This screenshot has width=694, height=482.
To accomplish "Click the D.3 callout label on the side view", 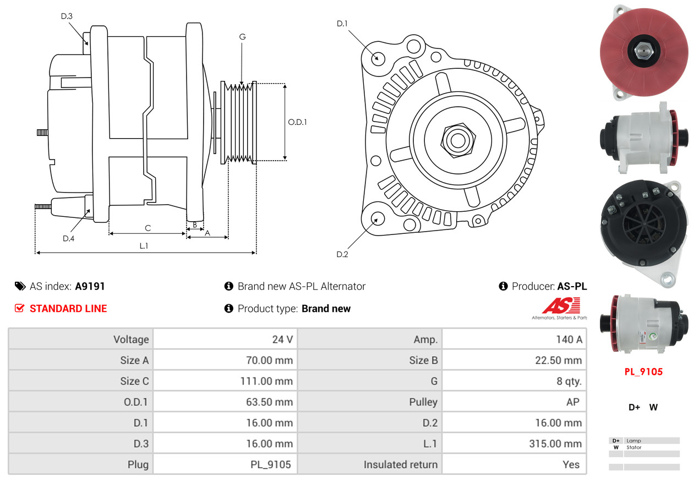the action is point(67,16).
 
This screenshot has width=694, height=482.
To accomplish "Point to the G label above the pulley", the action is point(242,37).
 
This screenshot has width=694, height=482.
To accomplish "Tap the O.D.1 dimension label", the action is point(297,122).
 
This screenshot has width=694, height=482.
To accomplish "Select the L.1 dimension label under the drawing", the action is point(144,245).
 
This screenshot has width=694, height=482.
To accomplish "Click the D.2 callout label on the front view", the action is point(342,254).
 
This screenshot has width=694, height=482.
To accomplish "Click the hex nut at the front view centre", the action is point(458,140).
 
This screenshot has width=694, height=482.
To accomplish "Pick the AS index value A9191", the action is point(90,286).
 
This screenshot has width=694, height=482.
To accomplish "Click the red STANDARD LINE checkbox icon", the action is point(19,308).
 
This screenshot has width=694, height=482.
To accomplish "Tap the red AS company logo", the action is point(561,305).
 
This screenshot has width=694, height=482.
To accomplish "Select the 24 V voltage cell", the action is point(282,339).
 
